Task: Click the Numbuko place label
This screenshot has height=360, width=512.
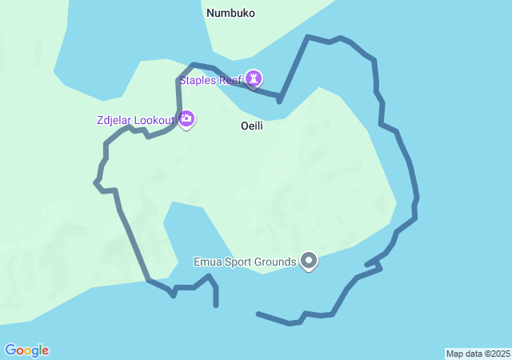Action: (230, 13)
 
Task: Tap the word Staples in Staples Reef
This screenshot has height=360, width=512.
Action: (199, 80)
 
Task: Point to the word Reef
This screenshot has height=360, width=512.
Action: (231, 80)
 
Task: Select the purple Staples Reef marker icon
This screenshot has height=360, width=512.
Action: (254, 78)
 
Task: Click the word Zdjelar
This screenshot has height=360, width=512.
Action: (114, 120)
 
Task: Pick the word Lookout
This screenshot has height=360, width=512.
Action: (154, 120)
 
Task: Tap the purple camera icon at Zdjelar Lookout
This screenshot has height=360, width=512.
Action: (186, 119)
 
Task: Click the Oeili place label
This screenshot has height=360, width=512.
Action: (252, 126)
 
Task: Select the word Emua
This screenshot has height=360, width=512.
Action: (208, 262)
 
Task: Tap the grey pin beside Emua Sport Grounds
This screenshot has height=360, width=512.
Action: (309, 261)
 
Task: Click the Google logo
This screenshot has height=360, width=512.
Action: (26, 350)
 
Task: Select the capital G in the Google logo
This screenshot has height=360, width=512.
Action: (10, 350)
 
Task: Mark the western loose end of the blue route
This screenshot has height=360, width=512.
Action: (216, 306)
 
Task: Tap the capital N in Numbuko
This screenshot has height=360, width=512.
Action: (210, 13)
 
